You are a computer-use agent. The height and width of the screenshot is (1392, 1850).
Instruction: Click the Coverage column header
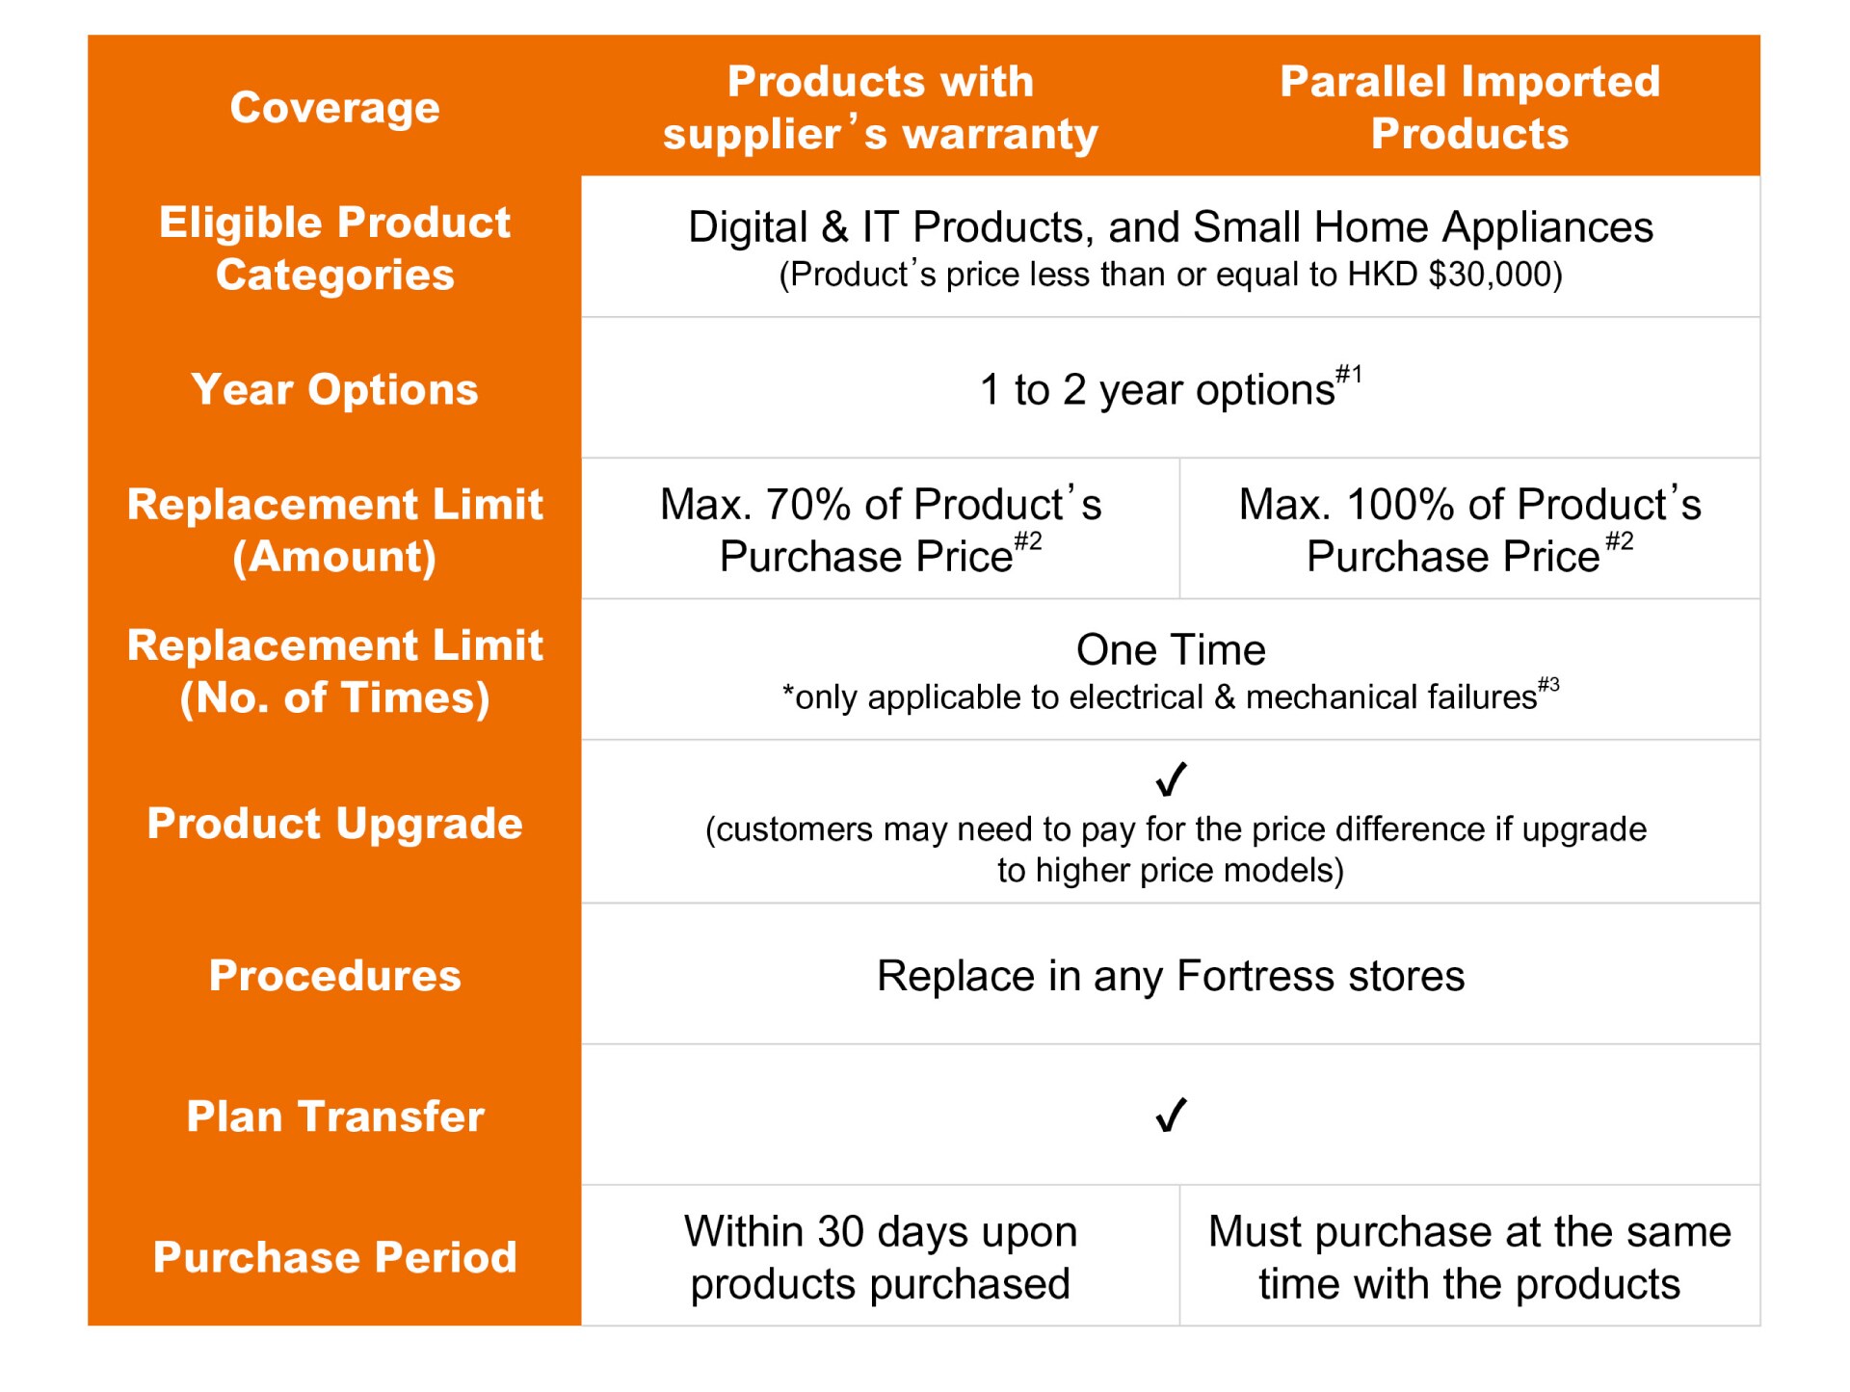[x=334, y=107]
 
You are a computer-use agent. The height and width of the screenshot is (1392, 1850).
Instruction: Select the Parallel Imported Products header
[x=1469, y=107]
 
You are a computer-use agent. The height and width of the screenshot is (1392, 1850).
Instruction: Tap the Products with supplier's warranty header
[x=881, y=107]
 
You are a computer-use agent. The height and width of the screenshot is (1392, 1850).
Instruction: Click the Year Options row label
[x=334, y=389]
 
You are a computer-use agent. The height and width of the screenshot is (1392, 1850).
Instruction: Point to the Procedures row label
[x=334, y=975]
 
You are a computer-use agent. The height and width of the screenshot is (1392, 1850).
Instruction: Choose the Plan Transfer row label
[x=334, y=1116]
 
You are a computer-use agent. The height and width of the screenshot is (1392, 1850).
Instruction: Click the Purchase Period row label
[x=334, y=1256]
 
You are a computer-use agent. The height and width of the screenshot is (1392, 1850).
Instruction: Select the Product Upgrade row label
[x=334, y=823]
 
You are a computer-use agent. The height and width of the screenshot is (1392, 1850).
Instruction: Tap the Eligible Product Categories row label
[x=334, y=248]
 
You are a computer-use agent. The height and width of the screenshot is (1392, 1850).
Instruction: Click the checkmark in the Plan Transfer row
[x=1171, y=1115]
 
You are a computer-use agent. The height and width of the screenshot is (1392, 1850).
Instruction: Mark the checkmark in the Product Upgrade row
[x=1171, y=778]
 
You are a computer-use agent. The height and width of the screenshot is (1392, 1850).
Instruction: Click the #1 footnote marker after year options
[x=1349, y=374]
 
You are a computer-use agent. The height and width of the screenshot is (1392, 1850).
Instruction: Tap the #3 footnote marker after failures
[x=1548, y=685]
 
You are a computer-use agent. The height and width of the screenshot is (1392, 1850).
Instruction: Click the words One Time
[x=1171, y=649]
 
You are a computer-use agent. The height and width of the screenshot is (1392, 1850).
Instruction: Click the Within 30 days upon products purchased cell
[x=881, y=1257]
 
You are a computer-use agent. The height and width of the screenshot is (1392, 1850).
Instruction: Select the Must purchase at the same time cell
[x=1469, y=1257]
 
